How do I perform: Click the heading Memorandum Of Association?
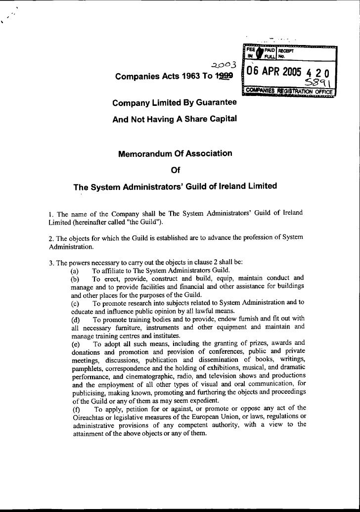[175, 154]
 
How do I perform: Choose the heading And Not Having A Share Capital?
[175, 119]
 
